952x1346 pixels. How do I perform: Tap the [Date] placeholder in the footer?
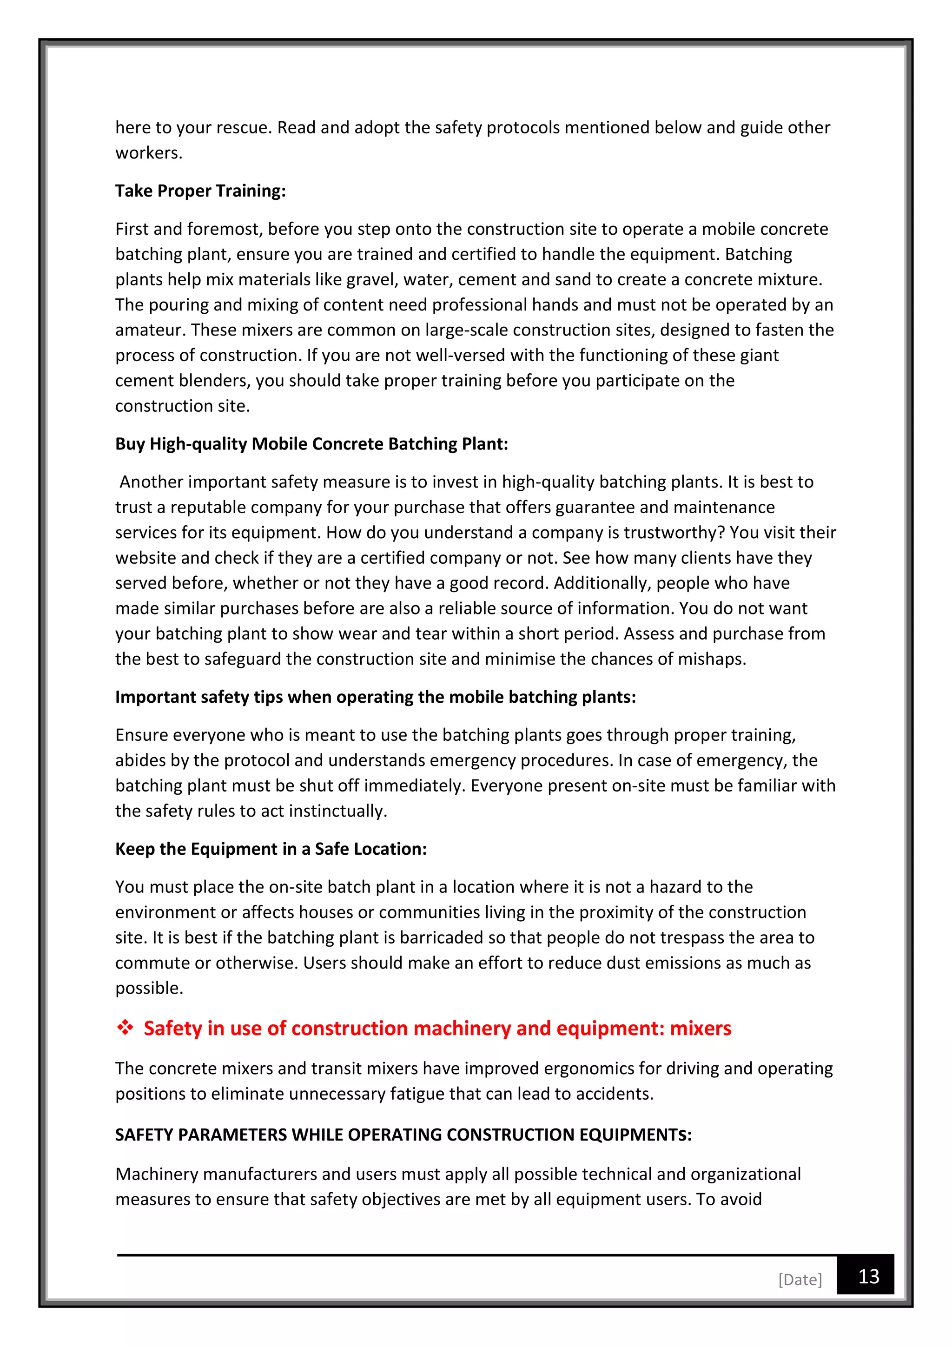click(800, 1279)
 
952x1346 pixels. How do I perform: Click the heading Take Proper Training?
click(200, 191)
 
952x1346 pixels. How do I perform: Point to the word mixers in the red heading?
click(701, 1028)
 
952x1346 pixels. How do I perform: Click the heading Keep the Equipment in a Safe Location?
click(271, 848)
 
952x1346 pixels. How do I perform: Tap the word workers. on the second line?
click(149, 152)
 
